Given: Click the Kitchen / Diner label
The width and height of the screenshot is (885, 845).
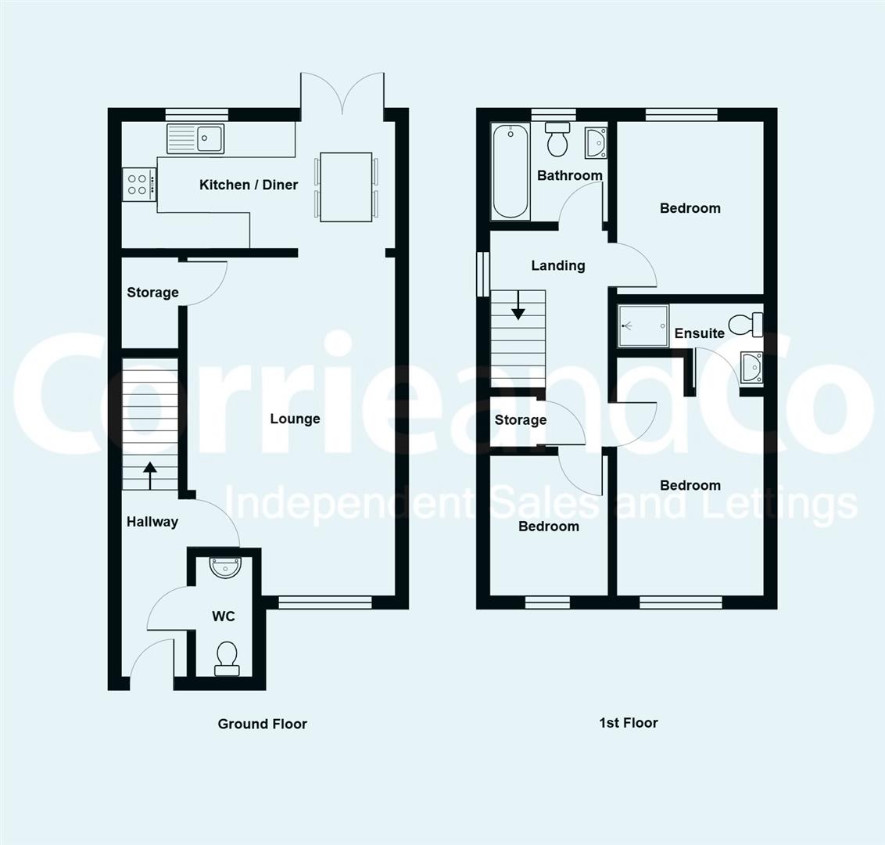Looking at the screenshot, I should pos(249,185).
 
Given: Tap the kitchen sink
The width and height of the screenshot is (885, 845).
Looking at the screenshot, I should pos(195,138).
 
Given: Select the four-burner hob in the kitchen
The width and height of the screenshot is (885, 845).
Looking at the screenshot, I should pos(138,185).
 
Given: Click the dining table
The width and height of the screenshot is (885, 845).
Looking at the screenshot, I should pos(346,186).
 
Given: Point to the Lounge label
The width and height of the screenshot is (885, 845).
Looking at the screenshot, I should pos(295,419).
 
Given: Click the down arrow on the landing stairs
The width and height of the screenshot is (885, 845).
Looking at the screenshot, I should pos(518,312).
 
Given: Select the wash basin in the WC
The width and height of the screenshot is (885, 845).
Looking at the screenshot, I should pos(226,566).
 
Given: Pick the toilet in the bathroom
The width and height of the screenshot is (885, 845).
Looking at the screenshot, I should pos(557,140).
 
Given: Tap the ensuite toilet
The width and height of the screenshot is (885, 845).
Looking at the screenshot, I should pos(744,322).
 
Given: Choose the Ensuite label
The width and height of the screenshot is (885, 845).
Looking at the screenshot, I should pos(699,333).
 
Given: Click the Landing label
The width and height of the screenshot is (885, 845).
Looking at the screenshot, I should pos(557,265).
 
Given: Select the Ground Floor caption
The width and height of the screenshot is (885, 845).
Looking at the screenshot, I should pos(262,724).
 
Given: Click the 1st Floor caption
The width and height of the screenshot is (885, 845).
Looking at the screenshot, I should pos(628,723).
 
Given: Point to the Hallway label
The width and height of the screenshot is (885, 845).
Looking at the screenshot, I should pos(152,522).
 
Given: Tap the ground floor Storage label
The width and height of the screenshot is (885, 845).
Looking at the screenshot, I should pos(152,293).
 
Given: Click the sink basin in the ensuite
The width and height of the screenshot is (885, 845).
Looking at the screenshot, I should pos(751,367).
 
